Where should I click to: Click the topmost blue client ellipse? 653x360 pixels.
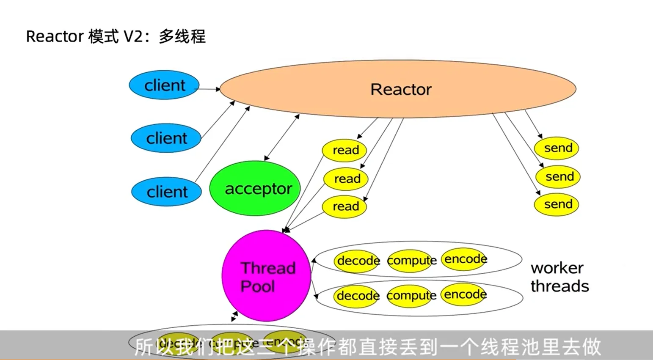[x=164, y=85]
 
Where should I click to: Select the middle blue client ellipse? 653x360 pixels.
[x=166, y=138]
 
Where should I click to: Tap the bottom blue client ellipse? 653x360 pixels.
[x=166, y=192]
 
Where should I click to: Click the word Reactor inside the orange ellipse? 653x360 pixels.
[x=401, y=89]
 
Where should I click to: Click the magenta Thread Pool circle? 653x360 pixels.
[x=266, y=276]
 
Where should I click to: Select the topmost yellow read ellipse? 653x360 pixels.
[x=344, y=150]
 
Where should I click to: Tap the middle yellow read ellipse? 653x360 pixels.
[x=346, y=179]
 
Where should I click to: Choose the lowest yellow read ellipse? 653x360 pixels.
[x=344, y=206]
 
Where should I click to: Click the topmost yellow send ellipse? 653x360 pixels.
[x=557, y=148]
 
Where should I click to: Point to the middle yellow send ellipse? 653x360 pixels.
[x=558, y=176]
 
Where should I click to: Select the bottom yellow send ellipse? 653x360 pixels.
[x=557, y=204]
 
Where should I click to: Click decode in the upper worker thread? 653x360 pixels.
[x=358, y=261]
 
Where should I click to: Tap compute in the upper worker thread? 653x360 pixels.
[x=411, y=261]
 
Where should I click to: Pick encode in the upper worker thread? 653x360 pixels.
[x=465, y=259]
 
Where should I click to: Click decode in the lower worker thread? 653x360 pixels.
[x=357, y=295]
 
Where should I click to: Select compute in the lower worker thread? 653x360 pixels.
[x=411, y=295]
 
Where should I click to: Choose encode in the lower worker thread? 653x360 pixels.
[x=464, y=294]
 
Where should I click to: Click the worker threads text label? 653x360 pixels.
[x=559, y=277]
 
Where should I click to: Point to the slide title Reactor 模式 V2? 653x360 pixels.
[x=116, y=36]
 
